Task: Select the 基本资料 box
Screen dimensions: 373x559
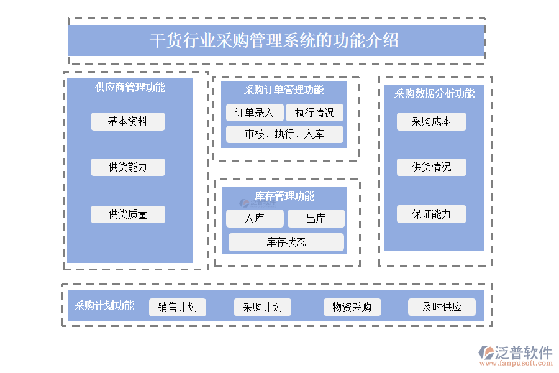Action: coord(128,122)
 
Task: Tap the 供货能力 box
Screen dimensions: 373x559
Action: coord(128,167)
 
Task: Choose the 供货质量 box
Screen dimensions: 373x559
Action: coord(128,214)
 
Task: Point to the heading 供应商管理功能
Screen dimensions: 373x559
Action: coord(130,88)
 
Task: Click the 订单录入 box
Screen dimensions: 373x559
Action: coord(255,113)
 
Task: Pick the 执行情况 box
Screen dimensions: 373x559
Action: coord(314,113)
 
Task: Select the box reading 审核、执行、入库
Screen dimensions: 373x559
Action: coord(284,134)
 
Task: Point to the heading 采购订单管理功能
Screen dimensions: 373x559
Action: coord(284,90)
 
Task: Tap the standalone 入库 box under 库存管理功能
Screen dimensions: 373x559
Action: coord(255,219)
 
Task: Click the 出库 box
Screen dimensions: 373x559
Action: coord(316,219)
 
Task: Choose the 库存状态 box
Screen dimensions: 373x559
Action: coord(286,242)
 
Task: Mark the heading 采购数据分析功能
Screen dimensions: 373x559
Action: coord(434,94)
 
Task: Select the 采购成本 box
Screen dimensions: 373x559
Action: coord(432,122)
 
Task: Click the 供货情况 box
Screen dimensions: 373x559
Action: coord(432,167)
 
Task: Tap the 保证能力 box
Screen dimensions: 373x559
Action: coord(432,214)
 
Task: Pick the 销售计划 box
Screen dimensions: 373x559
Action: coord(178,307)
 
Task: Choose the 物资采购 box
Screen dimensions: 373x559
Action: coord(352,307)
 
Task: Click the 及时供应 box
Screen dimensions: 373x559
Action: coord(442,307)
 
